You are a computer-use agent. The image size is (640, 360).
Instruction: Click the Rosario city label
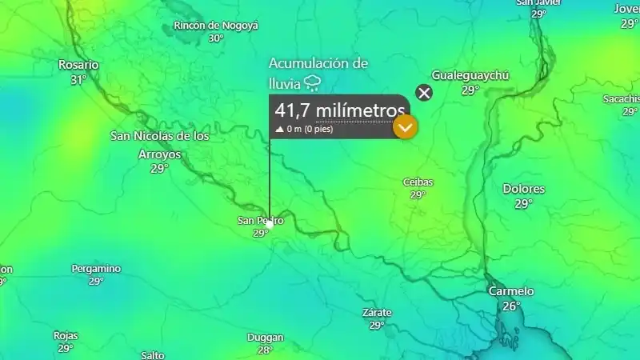(x=78, y=65)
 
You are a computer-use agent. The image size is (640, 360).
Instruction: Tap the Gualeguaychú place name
(x=470, y=75)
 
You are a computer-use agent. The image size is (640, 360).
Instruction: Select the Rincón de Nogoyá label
(x=216, y=26)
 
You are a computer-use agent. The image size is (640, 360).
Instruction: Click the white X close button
(x=425, y=93)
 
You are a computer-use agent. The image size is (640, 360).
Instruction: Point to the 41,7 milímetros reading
(x=340, y=110)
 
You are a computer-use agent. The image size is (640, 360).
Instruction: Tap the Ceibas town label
(x=418, y=182)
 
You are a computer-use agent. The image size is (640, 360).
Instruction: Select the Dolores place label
(x=523, y=190)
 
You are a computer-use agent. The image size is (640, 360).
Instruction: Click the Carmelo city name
(x=511, y=291)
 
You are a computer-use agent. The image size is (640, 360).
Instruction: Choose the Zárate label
(x=377, y=312)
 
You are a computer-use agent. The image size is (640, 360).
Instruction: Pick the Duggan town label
(x=266, y=338)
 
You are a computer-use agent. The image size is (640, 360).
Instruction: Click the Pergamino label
(x=96, y=269)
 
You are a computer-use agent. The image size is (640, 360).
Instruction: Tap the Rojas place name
(x=66, y=336)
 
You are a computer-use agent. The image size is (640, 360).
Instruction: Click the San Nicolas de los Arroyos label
(x=159, y=145)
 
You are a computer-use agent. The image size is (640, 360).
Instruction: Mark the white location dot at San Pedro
(x=270, y=226)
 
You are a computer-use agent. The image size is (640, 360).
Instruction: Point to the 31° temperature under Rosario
(x=78, y=80)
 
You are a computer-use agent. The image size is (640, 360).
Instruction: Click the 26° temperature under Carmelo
(x=511, y=306)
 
